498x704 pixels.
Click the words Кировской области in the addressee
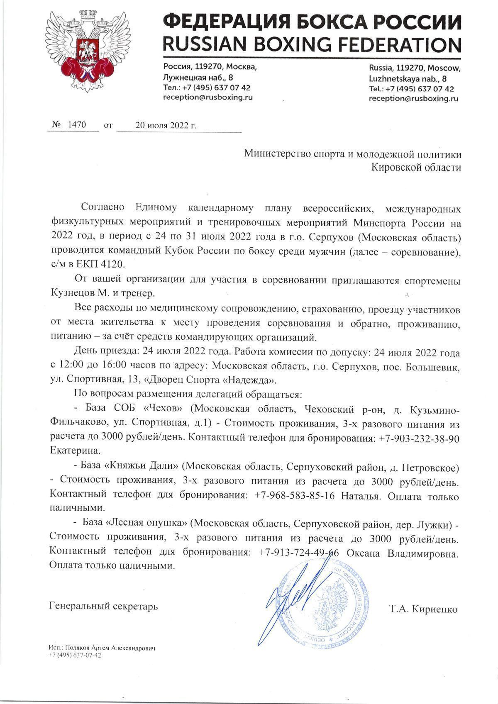416,167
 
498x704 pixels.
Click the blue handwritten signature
290,597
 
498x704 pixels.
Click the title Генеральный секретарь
103,606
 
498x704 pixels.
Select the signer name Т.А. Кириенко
423,609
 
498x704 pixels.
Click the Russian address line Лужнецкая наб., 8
198,77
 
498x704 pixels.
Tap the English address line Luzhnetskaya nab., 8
408,78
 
